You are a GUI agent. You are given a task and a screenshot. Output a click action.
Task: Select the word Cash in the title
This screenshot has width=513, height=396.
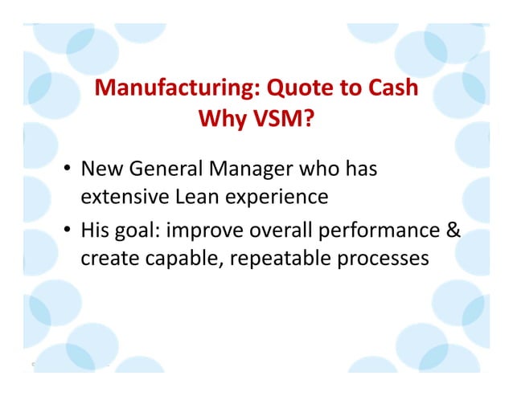391,88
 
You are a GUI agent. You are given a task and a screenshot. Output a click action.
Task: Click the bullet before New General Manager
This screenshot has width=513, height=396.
70,170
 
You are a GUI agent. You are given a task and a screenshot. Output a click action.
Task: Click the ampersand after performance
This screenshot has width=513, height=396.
454,231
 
